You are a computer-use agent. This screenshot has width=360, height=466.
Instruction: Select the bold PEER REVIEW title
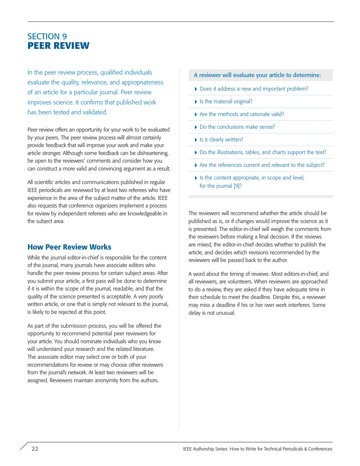point(58,46)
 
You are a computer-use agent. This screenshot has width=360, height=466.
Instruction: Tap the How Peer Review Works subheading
point(69,247)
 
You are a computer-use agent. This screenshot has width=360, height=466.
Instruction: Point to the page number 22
point(35,449)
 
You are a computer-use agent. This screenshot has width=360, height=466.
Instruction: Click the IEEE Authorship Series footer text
point(257,449)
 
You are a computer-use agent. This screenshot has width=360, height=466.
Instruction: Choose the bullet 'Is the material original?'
point(226,102)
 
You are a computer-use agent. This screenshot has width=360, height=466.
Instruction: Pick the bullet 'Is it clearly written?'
point(221,139)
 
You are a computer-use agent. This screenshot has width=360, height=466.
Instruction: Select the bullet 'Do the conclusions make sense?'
point(237,127)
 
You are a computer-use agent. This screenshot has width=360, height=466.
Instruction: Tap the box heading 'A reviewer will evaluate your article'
point(257,75)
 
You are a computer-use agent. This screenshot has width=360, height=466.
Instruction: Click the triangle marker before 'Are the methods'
point(196,114)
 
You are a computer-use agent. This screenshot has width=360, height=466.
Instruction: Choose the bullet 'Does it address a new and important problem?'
point(254,89)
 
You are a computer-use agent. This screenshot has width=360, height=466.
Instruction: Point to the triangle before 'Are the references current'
point(196,165)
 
